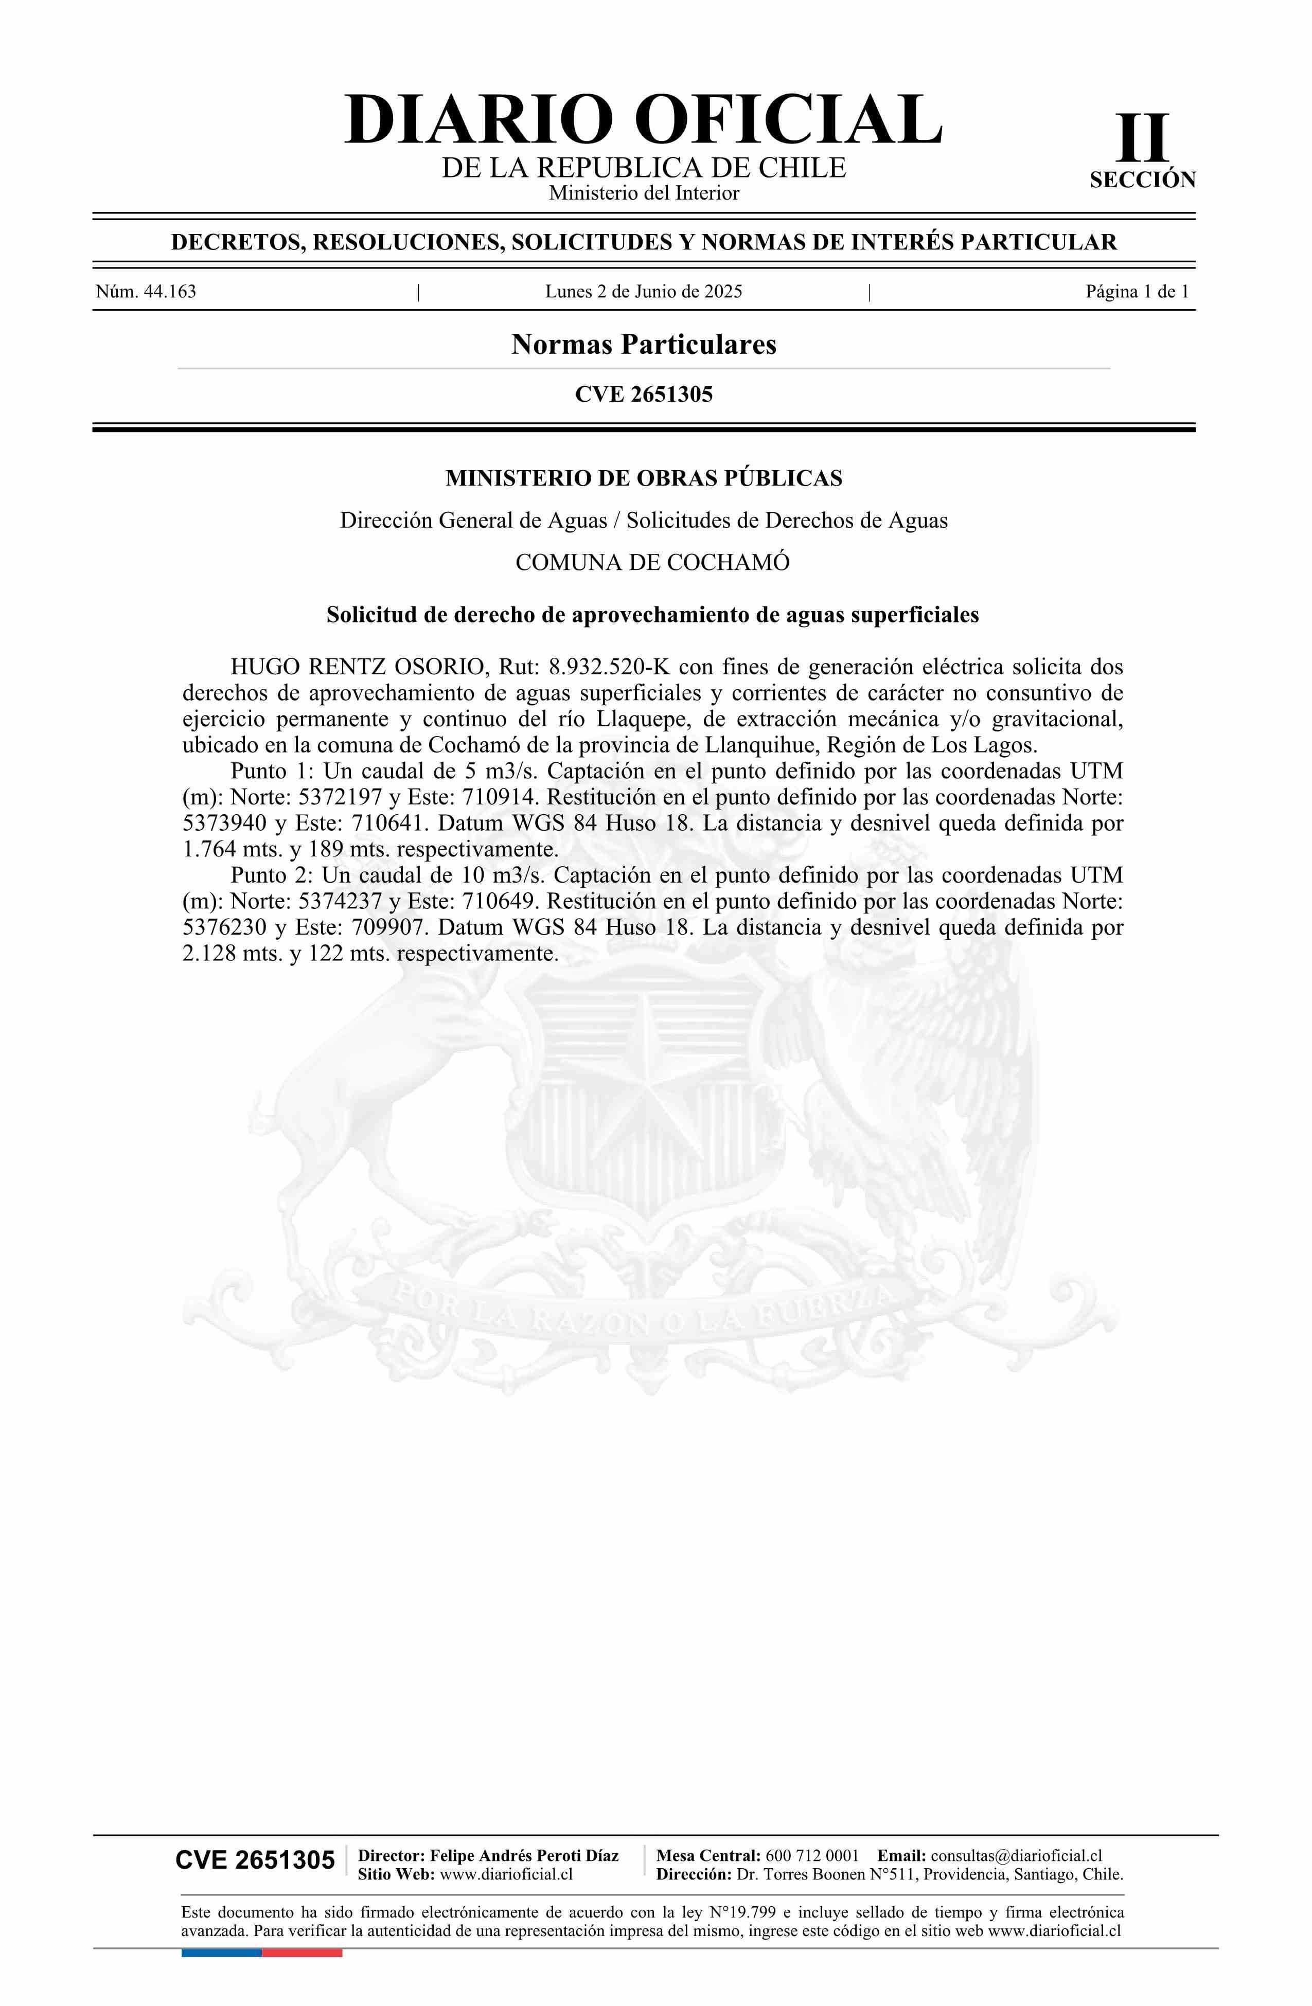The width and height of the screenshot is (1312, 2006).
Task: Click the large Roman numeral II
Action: pyautogui.click(x=1143, y=138)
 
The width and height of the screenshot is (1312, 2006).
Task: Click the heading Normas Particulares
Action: pyautogui.click(x=643, y=345)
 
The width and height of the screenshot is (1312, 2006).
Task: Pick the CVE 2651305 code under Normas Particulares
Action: pyautogui.click(x=643, y=395)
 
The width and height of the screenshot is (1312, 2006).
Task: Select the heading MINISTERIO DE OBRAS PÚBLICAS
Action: pyautogui.click(x=643, y=479)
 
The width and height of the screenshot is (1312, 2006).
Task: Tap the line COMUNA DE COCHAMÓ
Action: pyautogui.click(x=652, y=562)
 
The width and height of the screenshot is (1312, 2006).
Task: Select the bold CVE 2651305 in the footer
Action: pyautogui.click(x=255, y=1860)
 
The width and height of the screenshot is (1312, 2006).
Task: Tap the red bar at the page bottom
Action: pyautogui.click(x=302, y=1953)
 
